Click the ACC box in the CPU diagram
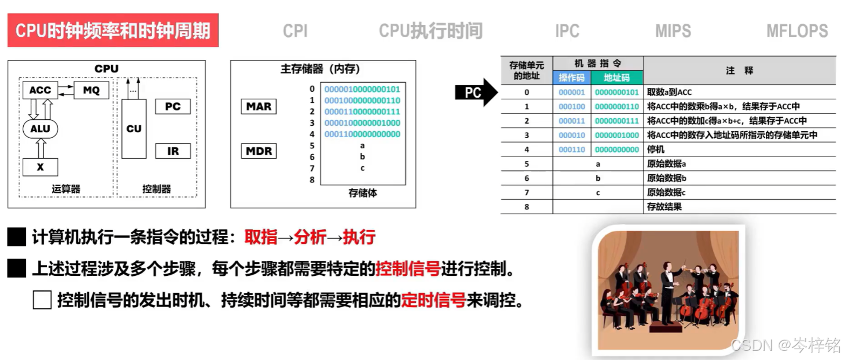click(x=40, y=90)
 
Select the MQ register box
click(x=91, y=90)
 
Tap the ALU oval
click(x=40, y=129)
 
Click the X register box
click(x=40, y=167)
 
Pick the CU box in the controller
click(x=134, y=129)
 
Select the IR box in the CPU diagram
click(x=173, y=151)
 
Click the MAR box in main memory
click(x=258, y=106)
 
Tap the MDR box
click(x=258, y=151)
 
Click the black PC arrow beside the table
click(x=475, y=92)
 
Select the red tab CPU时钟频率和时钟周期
click(x=113, y=31)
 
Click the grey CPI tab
click(x=295, y=31)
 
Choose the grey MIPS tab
click(x=673, y=31)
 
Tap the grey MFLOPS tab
click(x=797, y=31)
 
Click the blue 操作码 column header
click(x=572, y=78)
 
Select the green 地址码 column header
click(x=616, y=78)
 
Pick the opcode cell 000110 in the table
click(x=572, y=150)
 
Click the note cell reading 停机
click(x=656, y=150)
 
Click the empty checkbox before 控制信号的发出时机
click(x=42, y=300)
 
